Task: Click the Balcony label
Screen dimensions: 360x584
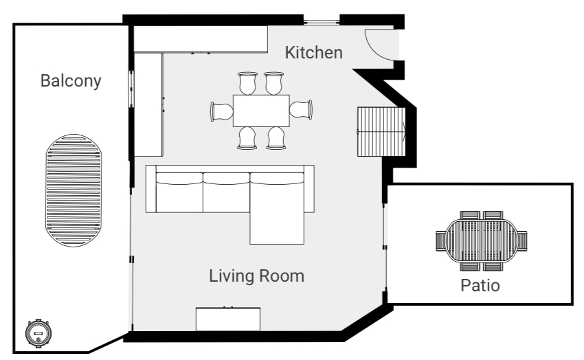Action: point(71,81)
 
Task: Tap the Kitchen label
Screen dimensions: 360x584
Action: point(313,52)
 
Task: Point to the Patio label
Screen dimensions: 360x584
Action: point(480,284)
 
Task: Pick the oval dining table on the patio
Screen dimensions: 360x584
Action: point(481,240)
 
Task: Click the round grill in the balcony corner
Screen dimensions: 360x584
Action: point(37,333)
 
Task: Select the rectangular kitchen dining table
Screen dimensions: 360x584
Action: point(261,110)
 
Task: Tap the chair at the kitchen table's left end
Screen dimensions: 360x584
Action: point(222,111)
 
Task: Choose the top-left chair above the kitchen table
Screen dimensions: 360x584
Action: point(247,84)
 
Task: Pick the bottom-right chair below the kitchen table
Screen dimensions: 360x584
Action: point(276,137)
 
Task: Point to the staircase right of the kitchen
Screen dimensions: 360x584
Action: point(382,131)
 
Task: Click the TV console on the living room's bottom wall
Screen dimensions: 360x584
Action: point(228,319)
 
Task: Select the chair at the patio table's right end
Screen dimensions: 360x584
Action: point(522,240)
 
